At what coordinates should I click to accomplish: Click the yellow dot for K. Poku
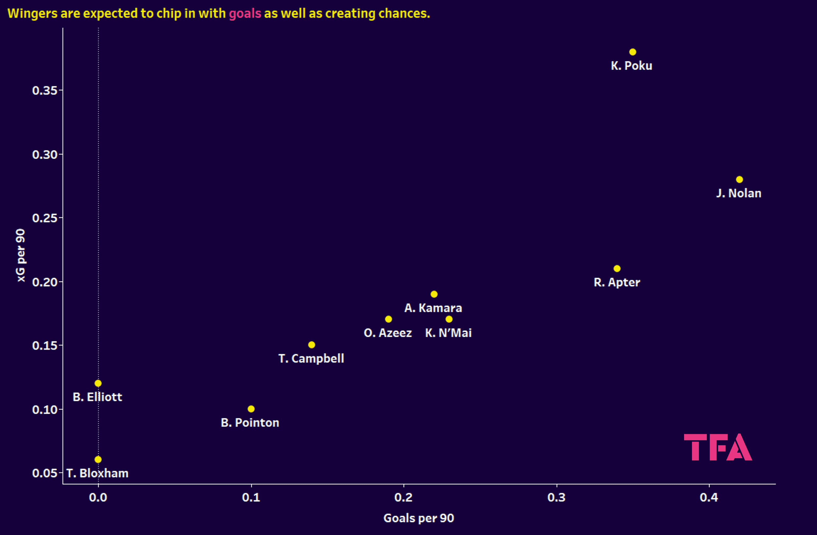point(633,52)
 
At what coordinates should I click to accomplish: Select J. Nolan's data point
point(739,180)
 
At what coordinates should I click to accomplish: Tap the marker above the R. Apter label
point(617,269)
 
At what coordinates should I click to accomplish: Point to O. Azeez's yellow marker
point(388,319)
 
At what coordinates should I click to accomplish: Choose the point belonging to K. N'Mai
point(449,319)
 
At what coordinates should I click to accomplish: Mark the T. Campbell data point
point(311,345)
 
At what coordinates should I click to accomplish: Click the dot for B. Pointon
point(251,409)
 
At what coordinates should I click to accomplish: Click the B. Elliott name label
point(98,397)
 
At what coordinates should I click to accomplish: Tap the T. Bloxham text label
point(98,474)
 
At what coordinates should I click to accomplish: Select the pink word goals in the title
point(245,13)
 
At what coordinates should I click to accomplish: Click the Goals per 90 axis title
point(419,518)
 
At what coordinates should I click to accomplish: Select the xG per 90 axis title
point(21,255)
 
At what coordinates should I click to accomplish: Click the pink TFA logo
point(718,447)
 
